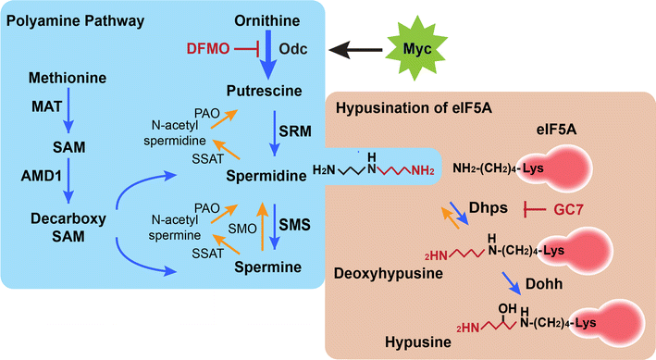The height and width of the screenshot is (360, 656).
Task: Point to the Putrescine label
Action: click(x=263, y=90)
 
